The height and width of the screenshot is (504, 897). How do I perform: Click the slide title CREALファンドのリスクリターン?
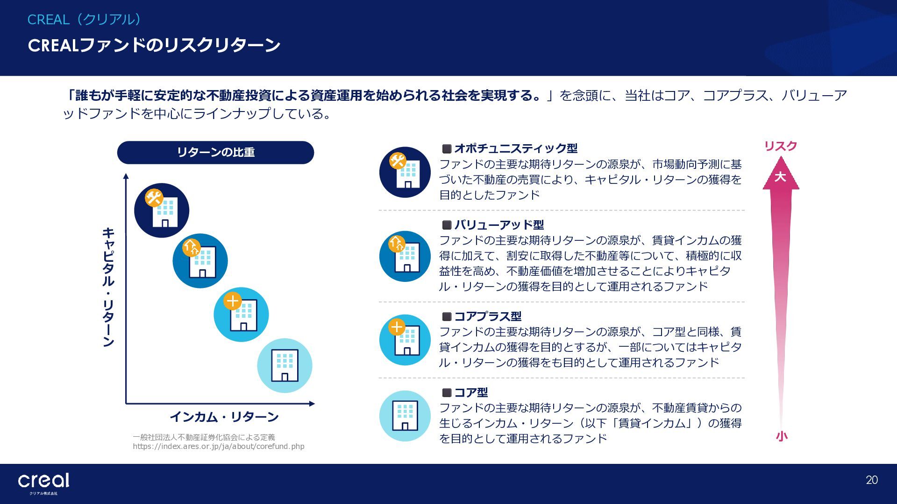pyautogui.click(x=154, y=45)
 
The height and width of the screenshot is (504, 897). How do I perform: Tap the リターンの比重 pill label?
pyautogui.click(x=215, y=152)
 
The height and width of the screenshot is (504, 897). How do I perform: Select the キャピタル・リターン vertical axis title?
pyautogui.click(x=108, y=287)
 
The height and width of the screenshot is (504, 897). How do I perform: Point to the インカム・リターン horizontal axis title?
pyautogui.click(x=224, y=417)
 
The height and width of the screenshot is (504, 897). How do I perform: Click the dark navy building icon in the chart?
pyautogui.click(x=162, y=210)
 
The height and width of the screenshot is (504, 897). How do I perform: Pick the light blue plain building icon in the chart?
pyautogui.click(x=285, y=365)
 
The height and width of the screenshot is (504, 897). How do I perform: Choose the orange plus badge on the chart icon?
pyautogui.click(x=233, y=301)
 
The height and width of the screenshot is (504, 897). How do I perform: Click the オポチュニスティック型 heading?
pyautogui.click(x=515, y=148)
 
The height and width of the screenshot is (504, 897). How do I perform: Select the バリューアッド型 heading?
pyautogui.click(x=499, y=225)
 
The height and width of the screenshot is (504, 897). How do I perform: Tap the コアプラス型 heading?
pyautogui.click(x=488, y=316)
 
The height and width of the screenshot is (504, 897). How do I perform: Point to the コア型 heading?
pyautogui.click(x=471, y=392)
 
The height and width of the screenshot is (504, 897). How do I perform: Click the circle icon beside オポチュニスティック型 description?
pyautogui.click(x=405, y=172)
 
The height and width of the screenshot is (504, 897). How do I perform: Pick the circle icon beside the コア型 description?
pyautogui.click(x=405, y=416)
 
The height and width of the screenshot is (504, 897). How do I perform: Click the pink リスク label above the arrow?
pyautogui.click(x=780, y=146)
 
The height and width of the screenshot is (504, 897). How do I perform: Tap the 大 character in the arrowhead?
pyautogui.click(x=780, y=177)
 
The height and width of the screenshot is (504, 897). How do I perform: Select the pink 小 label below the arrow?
pyautogui.click(x=781, y=436)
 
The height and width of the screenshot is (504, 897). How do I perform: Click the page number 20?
pyautogui.click(x=872, y=480)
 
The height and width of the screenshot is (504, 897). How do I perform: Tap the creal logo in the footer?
pyautogui.click(x=43, y=482)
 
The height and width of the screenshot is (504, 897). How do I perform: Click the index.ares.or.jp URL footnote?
pyautogui.click(x=218, y=447)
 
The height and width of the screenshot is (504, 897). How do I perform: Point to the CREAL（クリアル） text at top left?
pyautogui.click(x=84, y=20)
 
